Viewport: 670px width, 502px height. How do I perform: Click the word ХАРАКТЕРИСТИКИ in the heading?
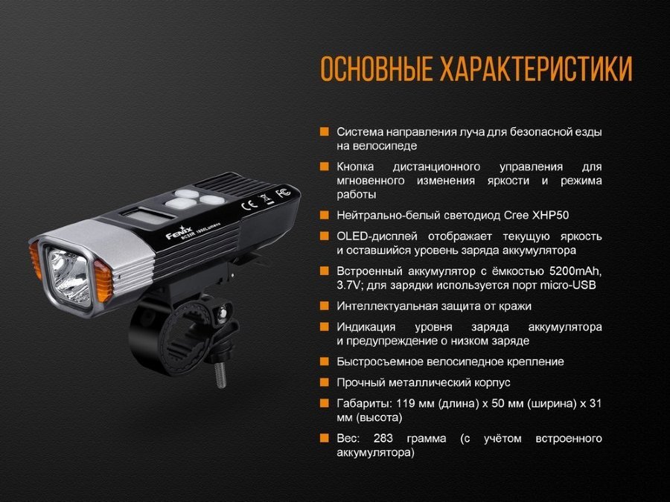point(536,68)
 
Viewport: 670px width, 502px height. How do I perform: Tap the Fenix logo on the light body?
point(179,233)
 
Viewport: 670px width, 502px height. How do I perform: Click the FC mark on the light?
point(284,192)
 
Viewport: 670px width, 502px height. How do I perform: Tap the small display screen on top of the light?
point(147,215)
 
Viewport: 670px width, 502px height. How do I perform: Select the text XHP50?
point(550,215)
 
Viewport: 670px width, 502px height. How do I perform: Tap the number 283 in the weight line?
point(383,438)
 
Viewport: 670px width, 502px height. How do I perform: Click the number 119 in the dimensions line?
point(406,403)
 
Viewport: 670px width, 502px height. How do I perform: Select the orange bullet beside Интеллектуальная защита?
point(325,306)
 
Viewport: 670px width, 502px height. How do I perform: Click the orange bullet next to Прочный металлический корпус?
point(325,382)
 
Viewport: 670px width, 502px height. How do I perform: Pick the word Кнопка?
point(355,167)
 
